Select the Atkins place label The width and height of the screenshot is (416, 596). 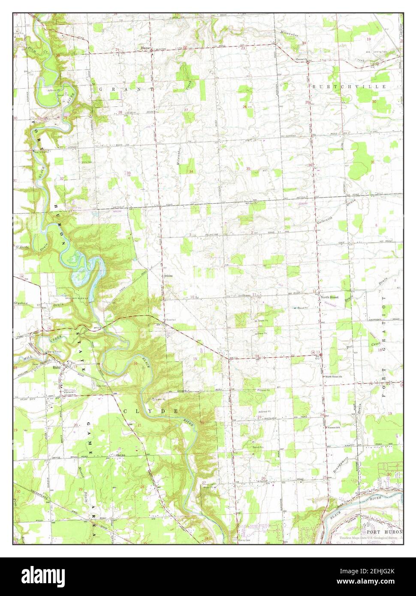168,276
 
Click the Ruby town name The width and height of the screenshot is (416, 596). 56,367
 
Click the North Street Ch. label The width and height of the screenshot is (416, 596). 333,376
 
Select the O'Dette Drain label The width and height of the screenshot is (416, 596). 24,248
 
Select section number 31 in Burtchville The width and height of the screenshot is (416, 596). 372,162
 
